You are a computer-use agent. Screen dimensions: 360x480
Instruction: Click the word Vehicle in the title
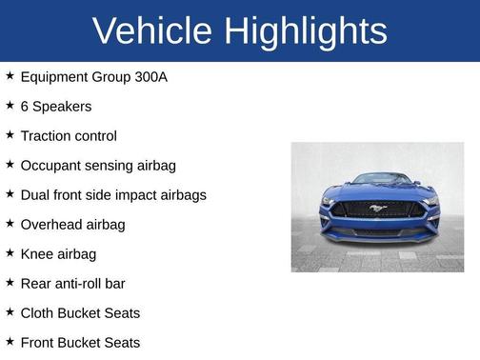tap(152, 30)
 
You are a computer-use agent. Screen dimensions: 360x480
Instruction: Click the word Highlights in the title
tap(306, 30)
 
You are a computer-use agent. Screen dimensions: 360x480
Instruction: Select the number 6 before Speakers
tap(25, 106)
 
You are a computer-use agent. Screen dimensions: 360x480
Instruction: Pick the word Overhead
tap(52, 224)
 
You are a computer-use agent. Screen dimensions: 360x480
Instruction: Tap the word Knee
tap(36, 253)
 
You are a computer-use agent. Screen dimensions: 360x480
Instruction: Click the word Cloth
tap(37, 312)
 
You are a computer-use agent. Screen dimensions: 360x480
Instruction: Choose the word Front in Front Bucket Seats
tap(38, 342)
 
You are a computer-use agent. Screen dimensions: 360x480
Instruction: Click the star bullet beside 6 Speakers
tap(10, 105)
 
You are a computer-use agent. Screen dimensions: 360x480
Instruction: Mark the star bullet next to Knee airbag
tap(10, 252)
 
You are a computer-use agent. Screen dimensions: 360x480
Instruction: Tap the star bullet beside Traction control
tap(10, 134)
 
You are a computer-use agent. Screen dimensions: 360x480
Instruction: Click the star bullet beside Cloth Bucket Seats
tap(10, 311)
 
